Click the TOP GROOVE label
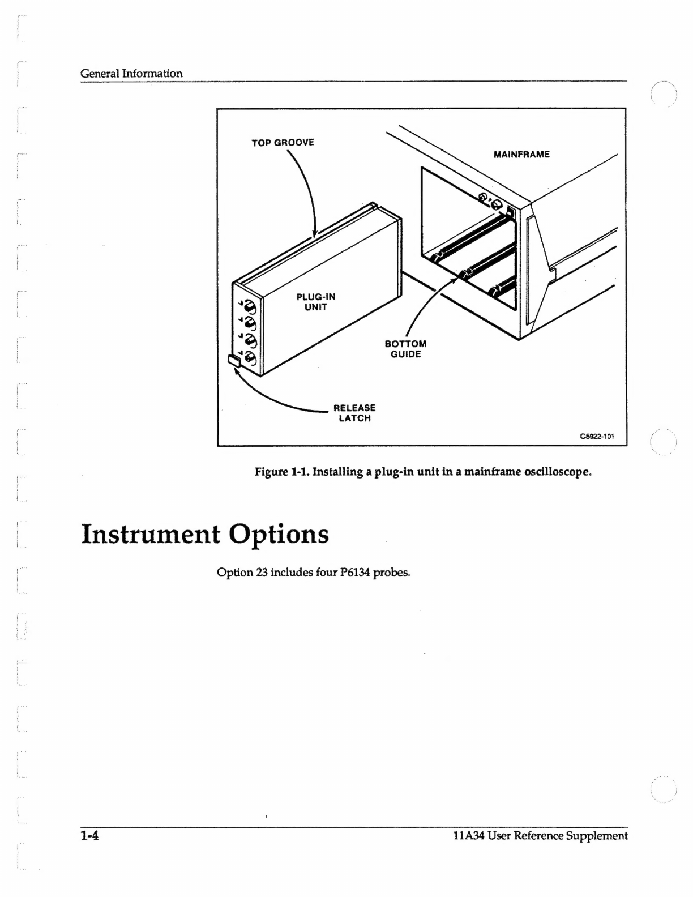pyautogui.click(x=283, y=142)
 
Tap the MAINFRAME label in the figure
pyautogui.click(x=521, y=154)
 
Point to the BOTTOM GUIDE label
pyautogui.click(x=405, y=349)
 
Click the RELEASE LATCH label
pyautogui.click(x=354, y=413)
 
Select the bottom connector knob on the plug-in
pyautogui.click(x=249, y=358)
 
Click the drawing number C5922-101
pyautogui.click(x=597, y=436)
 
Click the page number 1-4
pyautogui.click(x=89, y=835)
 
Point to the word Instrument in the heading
pyautogui.click(x=151, y=534)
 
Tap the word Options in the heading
pyautogui.click(x=279, y=534)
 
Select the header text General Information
pyautogui.click(x=131, y=73)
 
